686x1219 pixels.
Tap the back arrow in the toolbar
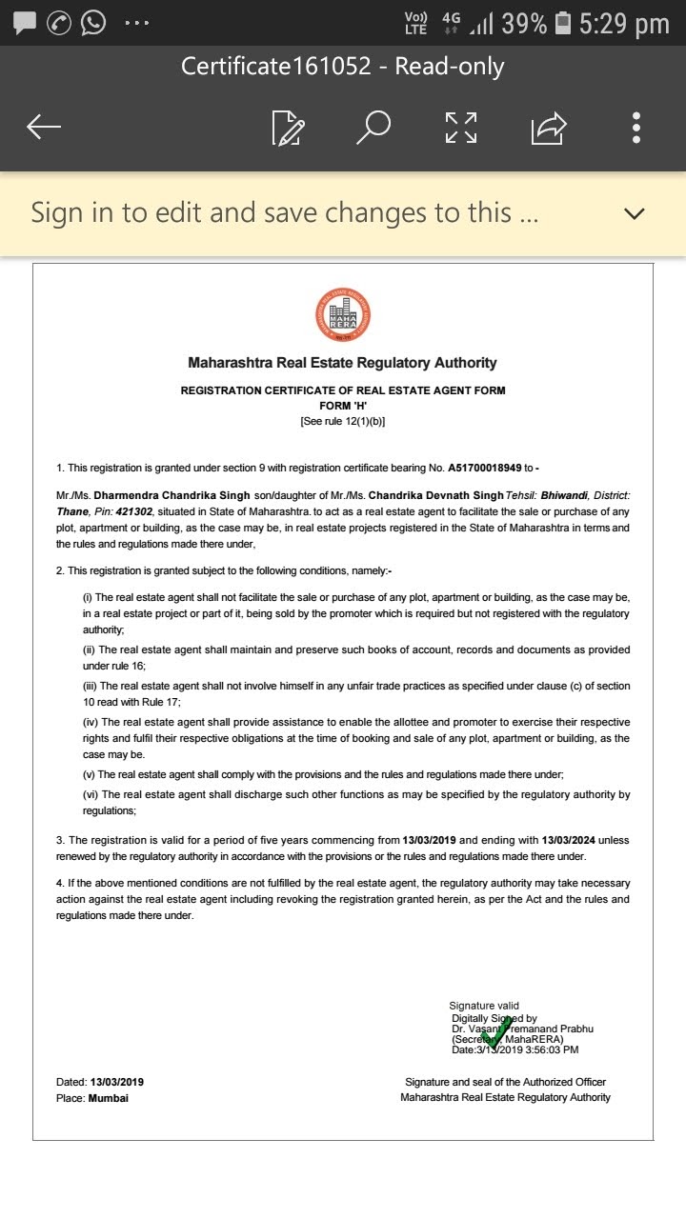pos(44,127)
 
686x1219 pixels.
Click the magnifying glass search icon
pos(373,127)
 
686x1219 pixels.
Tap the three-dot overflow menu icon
pos(636,127)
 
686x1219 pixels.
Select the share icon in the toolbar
pos(549,127)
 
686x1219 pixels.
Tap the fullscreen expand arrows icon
pos(461,127)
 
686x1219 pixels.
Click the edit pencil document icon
pos(287,128)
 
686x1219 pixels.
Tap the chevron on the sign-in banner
pos(634,213)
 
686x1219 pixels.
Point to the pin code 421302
pos(133,511)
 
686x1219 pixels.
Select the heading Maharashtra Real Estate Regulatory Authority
pos(343,363)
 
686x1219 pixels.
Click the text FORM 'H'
pos(343,406)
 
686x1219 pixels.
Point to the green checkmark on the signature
pos(494,1030)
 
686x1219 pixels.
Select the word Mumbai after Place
pos(108,1098)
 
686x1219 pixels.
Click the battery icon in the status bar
pos(564,23)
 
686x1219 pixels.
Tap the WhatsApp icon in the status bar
pos(93,22)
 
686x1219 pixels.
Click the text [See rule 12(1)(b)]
pos(343,421)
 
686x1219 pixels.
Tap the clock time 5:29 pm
pos(624,23)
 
